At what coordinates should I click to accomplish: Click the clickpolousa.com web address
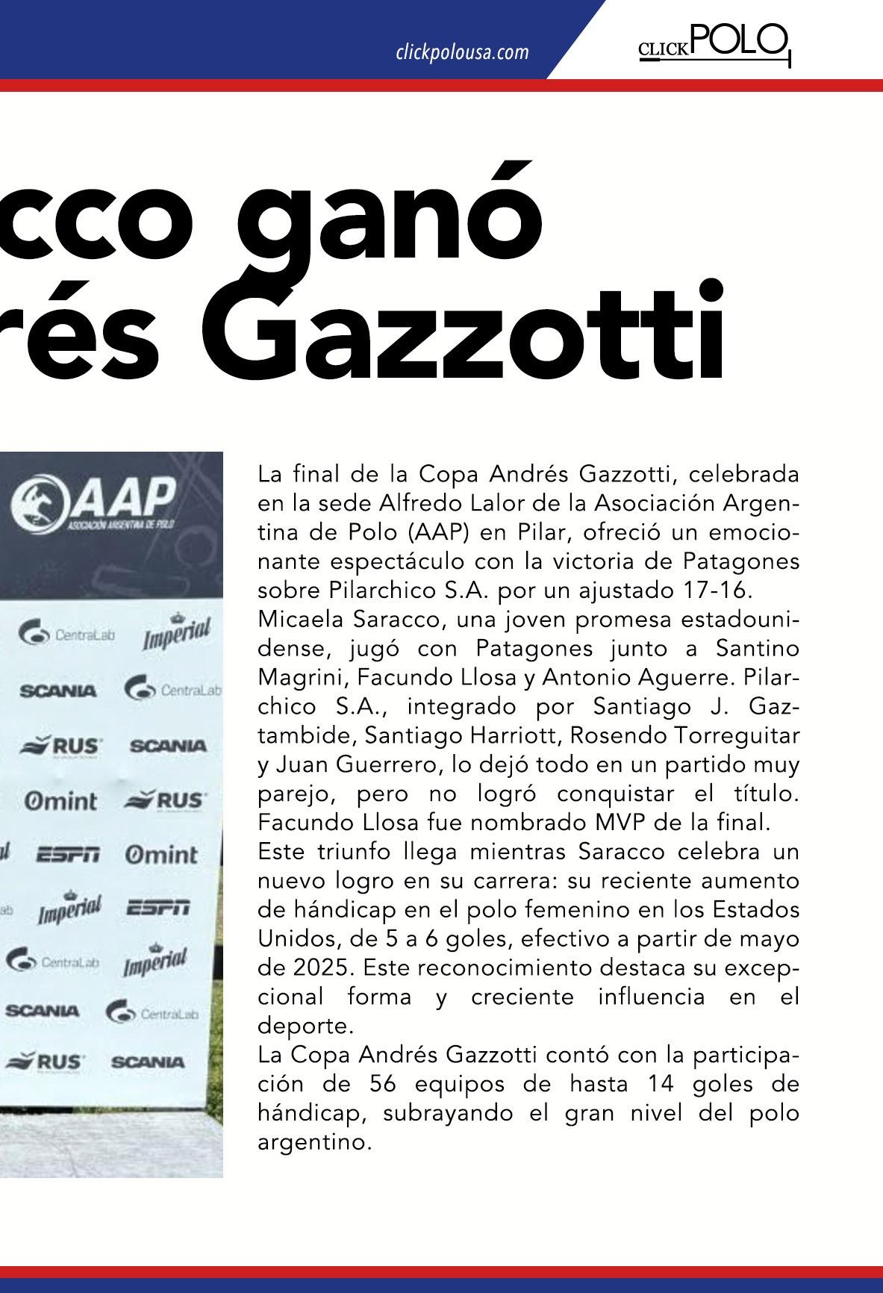point(462,52)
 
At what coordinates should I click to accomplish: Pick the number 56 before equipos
point(382,1084)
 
